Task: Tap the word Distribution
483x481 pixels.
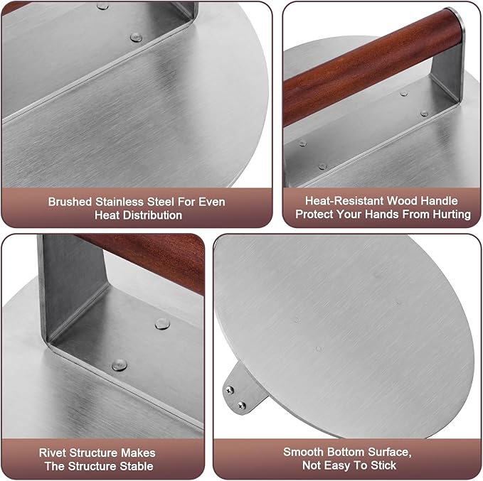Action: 152,215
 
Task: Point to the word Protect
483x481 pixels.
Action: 318,214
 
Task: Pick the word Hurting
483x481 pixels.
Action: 450,214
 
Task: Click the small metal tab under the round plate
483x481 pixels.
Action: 237,391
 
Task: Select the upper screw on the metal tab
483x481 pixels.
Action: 230,388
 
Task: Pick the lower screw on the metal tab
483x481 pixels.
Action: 242,405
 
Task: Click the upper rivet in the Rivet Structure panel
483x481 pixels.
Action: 161,323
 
